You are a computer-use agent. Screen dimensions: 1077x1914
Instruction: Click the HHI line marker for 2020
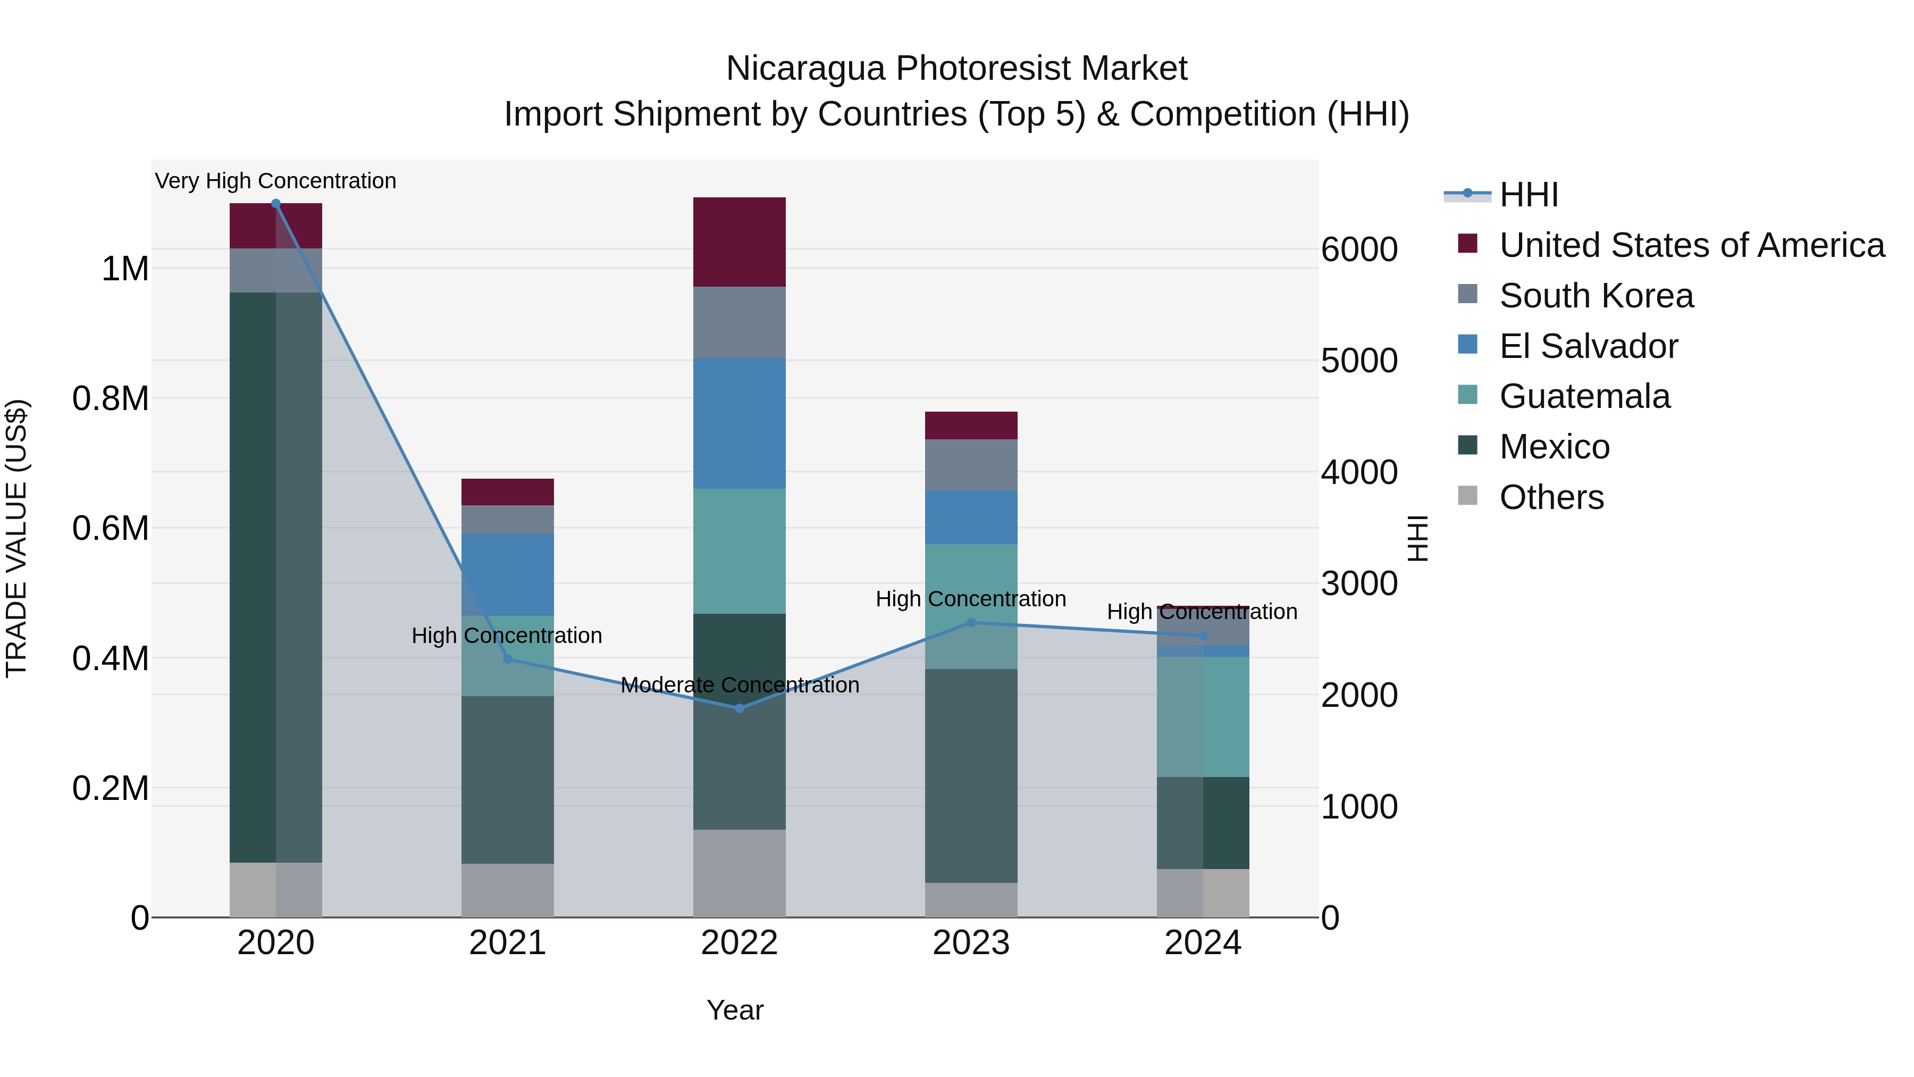pos(275,204)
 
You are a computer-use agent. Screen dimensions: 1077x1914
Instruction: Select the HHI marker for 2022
pos(740,708)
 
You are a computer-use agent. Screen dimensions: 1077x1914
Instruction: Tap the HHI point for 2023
pos(971,623)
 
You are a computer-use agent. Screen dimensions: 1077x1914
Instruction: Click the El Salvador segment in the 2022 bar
pos(740,424)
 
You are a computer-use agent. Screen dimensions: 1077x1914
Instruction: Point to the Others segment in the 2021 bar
pos(508,890)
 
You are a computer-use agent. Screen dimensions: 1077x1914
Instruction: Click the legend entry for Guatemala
pos(1584,396)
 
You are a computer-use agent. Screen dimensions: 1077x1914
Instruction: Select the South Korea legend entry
pos(1596,296)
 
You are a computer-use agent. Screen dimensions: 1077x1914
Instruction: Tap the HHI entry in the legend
pos(1527,195)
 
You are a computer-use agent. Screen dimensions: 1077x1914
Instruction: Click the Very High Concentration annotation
pos(275,181)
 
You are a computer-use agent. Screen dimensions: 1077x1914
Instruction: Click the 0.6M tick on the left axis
pos(110,529)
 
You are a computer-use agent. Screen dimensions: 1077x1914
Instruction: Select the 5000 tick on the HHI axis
pos(1359,361)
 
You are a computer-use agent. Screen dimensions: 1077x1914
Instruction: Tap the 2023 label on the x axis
pos(971,943)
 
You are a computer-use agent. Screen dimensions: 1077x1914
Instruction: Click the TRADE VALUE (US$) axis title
pos(17,538)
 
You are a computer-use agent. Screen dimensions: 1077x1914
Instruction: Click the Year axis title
pos(735,1010)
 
